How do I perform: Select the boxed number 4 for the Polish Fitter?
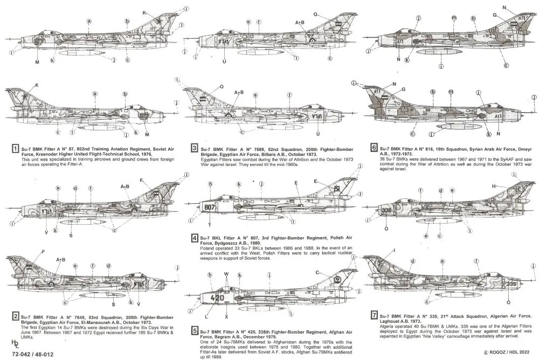click(187, 238)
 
